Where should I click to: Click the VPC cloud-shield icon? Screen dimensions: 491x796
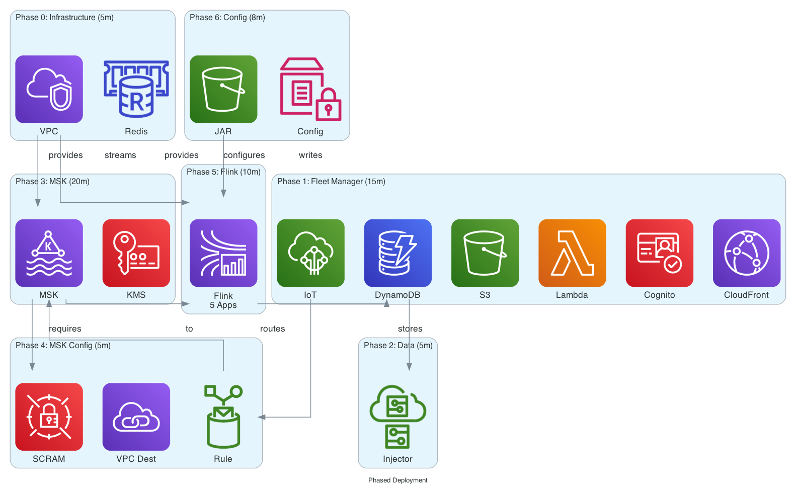tap(49, 89)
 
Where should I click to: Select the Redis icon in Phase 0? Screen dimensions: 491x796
tap(136, 89)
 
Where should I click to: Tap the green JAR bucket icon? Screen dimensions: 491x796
tap(223, 89)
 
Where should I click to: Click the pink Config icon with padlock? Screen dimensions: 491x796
tap(310, 89)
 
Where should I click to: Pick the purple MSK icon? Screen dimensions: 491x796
tap(49, 253)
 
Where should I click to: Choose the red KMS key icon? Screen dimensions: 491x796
tap(136, 253)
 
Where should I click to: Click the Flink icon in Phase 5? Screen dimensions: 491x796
tap(223, 253)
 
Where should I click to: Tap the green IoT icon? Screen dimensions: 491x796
tap(310, 253)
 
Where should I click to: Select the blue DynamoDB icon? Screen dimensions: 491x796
tap(397, 253)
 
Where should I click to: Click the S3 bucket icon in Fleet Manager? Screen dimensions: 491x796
tap(485, 253)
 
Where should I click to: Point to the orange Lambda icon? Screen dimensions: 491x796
tap(572, 253)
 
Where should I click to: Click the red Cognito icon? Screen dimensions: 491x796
tap(659, 253)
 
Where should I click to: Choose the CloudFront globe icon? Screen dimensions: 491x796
tap(747, 253)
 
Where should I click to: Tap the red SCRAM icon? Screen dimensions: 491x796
tap(49, 417)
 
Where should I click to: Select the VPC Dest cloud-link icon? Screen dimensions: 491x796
tap(136, 417)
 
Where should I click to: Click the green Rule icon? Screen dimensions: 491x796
tap(223, 417)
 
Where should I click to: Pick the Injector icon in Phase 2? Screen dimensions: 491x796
tap(397, 417)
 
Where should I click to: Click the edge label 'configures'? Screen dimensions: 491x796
tap(244, 155)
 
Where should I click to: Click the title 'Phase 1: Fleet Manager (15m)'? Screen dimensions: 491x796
tap(331, 181)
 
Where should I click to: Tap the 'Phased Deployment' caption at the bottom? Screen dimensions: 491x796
tap(397, 480)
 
